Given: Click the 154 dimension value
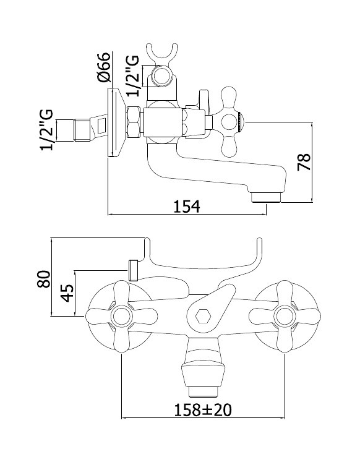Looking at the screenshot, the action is point(187,207).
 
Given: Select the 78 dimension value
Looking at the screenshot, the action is point(304,162).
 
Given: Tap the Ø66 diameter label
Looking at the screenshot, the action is point(104,67).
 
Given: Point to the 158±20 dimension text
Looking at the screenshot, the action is point(203,409).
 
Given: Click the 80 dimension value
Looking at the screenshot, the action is point(44,279).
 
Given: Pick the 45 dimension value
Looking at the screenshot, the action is point(67,293).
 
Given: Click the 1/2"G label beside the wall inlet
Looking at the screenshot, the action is point(47,130).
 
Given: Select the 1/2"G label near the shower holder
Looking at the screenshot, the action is point(132,76).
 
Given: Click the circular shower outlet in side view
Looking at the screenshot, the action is point(162,75).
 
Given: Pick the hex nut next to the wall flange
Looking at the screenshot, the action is point(134,122).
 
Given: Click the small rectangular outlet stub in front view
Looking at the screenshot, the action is point(132,270).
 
